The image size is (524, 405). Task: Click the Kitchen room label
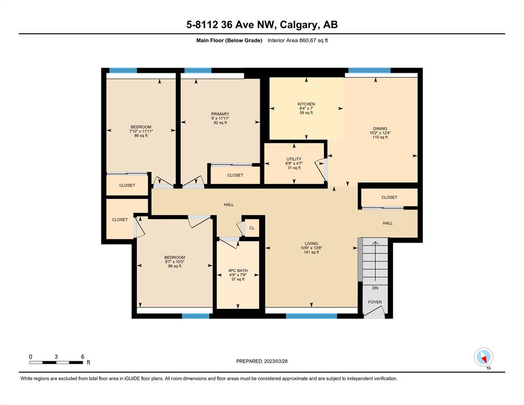click(307, 104)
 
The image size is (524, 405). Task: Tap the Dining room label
click(380, 129)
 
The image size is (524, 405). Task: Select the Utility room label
click(294, 159)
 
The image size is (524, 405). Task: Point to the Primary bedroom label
click(220, 114)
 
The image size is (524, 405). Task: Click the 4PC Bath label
click(237, 271)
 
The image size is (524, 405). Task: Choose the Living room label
click(311, 244)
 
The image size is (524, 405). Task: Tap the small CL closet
click(252, 228)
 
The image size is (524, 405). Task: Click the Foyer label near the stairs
click(375, 302)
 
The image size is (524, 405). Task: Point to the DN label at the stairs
click(375, 288)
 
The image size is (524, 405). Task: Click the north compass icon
click(483, 357)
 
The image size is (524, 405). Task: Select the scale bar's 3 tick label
click(56, 356)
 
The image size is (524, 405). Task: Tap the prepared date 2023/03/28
click(275, 361)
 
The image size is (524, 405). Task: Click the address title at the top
click(262, 24)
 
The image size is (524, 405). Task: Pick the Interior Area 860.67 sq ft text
click(298, 41)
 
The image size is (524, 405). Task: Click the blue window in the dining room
click(369, 71)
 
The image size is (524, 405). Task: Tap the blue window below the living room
click(311, 316)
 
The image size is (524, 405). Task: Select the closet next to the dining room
click(389, 197)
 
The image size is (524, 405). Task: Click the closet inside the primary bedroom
click(235, 175)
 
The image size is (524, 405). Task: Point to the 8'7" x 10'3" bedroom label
click(175, 262)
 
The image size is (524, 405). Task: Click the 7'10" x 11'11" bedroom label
click(141, 131)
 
